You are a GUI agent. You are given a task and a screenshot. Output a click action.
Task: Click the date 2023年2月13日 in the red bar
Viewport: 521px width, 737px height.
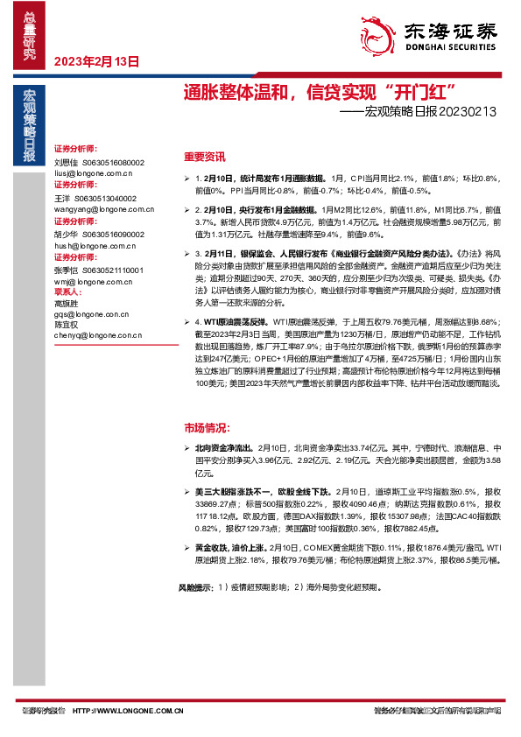(x=97, y=61)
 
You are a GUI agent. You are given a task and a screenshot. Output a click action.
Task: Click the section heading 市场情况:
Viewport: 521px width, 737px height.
(x=207, y=428)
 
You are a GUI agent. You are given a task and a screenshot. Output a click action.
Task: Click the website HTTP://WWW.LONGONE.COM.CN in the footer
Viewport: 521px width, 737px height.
(x=128, y=711)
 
